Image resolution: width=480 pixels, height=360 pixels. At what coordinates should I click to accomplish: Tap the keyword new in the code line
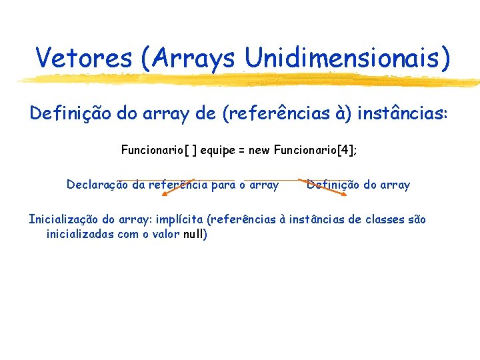(x=259, y=150)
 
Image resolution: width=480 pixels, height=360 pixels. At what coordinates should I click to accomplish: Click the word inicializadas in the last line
(x=81, y=234)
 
